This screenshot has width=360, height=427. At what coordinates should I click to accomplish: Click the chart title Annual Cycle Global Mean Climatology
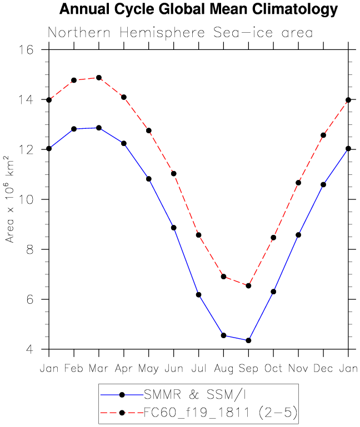coord(198,9)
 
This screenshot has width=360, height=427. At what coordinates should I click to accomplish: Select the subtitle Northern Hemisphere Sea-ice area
coord(180,33)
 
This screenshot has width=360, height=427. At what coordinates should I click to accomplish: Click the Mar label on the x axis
coord(99,369)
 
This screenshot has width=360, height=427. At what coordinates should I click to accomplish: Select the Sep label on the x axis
coord(248,369)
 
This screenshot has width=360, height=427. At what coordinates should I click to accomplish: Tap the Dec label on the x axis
coord(323,369)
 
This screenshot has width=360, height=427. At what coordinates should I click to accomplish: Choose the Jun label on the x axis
coord(174,369)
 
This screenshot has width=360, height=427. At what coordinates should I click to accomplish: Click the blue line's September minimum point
coord(248,340)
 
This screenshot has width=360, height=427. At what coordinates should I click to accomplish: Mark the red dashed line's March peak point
coord(99,78)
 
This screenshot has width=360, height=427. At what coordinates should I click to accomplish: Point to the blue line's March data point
coord(99,128)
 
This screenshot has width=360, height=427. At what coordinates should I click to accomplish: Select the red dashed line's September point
coord(248,286)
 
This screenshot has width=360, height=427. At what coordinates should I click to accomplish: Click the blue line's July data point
coord(198,295)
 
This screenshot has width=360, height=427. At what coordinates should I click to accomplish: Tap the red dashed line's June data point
coord(174,174)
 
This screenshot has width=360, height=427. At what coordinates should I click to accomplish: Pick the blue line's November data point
coord(298,235)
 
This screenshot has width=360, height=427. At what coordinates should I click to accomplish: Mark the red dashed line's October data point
coord(273,238)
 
